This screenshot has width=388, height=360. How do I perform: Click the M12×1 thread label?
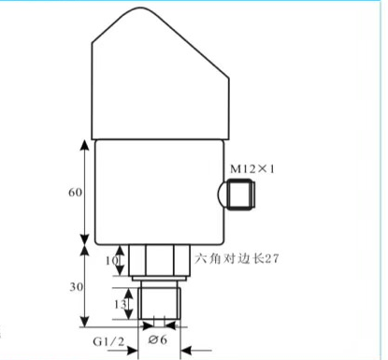pos(252,169)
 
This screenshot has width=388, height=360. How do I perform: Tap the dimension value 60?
pos(76,193)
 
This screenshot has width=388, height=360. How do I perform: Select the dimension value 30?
pos(77,287)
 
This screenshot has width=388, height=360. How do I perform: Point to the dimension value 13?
pos(121,304)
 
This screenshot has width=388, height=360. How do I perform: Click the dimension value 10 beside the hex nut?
pos(112,261)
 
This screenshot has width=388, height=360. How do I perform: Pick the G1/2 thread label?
pos(108,342)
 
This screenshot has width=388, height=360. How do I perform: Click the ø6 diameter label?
pos(158,339)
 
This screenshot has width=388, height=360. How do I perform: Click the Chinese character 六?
pos(201,258)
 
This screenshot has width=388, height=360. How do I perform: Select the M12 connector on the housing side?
pos(242,194)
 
